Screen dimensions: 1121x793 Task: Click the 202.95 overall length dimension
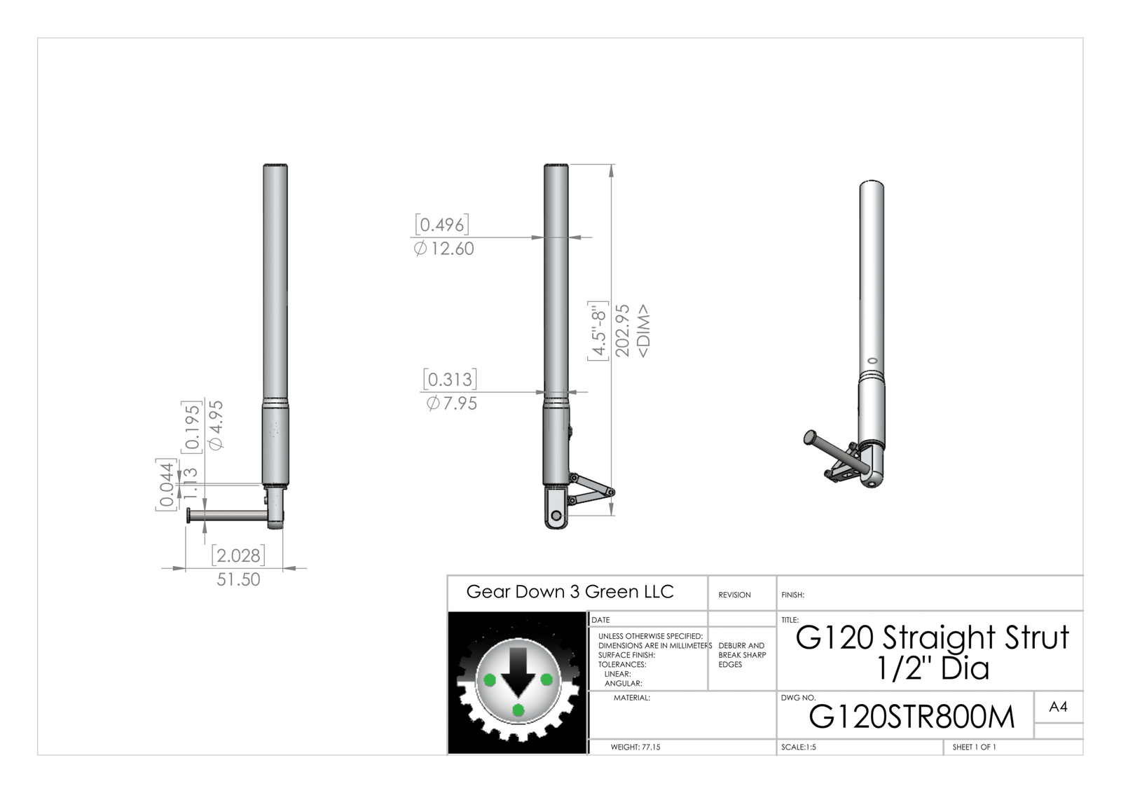tap(622, 330)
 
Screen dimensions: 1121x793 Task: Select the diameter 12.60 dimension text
tap(444, 249)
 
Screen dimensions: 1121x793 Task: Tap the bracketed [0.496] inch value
tap(442, 225)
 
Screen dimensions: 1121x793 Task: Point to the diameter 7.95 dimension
tap(452, 404)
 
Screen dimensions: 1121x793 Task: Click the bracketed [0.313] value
tap(450, 379)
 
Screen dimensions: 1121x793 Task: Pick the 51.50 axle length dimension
tap(238, 579)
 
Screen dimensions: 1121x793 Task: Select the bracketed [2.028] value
tap(238, 556)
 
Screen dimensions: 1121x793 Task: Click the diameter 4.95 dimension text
tap(216, 425)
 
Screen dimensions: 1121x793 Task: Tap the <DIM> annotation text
tap(644, 331)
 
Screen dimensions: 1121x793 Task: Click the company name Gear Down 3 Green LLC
tap(570, 592)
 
